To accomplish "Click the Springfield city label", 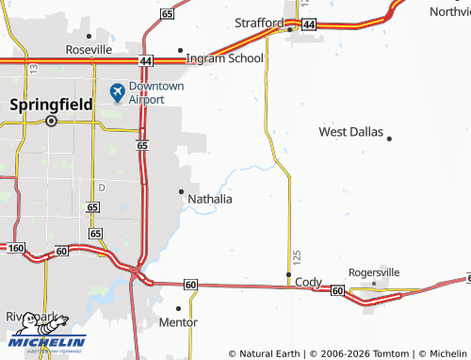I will pyautogui.click(x=52, y=106).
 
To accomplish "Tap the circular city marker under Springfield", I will pyautogui.click(x=52, y=121).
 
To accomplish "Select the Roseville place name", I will pyautogui.click(x=89, y=49).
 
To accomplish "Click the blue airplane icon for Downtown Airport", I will pyautogui.click(x=117, y=91).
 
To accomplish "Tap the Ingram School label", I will pyautogui.click(x=225, y=57).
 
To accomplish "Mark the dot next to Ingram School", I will pyautogui.click(x=181, y=50).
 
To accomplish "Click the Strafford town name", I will pyautogui.click(x=259, y=22).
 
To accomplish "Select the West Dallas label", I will pyautogui.click(x=350, y=132).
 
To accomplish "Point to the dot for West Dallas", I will pyautogui.click(x=389, y=139).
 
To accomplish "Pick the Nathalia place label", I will pyautogui.click(x=210, y=200).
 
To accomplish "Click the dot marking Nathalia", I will pyautogui.click(x=181, y=191).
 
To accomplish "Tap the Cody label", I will pyautogui.click(x=308, y=282).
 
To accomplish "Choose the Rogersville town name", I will pyautogui.click(x=375, y=271).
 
